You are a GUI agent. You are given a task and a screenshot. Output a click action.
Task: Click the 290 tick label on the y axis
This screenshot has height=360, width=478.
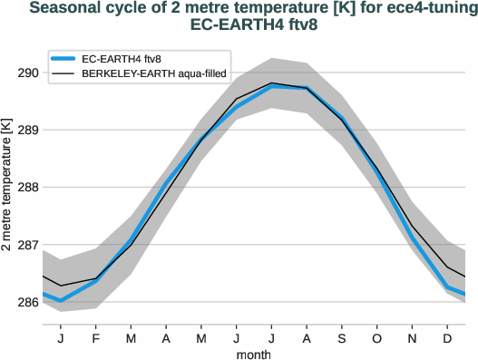27,73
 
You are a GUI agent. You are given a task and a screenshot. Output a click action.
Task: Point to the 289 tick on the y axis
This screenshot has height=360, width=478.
27,130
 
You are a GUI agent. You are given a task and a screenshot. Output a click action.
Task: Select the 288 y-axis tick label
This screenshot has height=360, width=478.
27,188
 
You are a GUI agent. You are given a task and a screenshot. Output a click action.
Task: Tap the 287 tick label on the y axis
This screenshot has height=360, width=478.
27,245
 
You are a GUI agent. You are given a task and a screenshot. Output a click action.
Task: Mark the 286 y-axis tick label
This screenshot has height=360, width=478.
27,302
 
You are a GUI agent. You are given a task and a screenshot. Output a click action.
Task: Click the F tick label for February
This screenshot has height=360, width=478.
96,337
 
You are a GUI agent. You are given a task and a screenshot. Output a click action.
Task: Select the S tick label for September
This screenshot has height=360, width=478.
342,337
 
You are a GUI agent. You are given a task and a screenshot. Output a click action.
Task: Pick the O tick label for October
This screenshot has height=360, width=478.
377,337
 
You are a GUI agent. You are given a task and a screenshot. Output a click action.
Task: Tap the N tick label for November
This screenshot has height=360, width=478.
413,337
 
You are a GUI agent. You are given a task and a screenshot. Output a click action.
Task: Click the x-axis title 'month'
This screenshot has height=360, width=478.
254,354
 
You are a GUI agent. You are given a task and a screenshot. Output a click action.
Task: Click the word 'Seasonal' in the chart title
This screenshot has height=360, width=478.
66,9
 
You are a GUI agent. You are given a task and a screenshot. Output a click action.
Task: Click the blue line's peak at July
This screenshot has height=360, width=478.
272,86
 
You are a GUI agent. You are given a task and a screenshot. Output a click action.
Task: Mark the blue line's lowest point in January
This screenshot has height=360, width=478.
61,300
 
